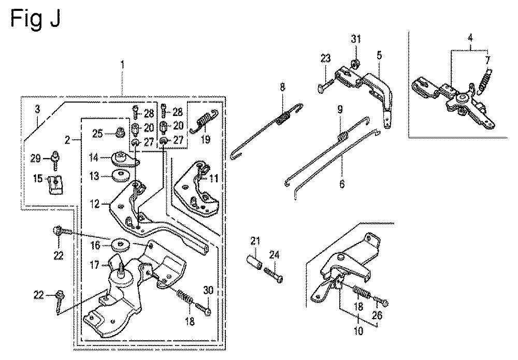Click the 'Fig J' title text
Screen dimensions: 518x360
[35, 19]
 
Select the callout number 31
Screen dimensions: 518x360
[356, 39]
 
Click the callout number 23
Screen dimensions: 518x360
[325, 59]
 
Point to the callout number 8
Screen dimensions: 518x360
[282, 87]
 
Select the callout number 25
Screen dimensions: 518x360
[97, 134]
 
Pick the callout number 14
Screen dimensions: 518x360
[94, 157]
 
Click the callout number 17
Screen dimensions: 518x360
[95, 265]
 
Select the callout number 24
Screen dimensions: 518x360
[274, 255]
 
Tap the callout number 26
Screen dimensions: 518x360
[377, 315]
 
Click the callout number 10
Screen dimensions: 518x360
[358, 330]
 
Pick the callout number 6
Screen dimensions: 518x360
[342, 183]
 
